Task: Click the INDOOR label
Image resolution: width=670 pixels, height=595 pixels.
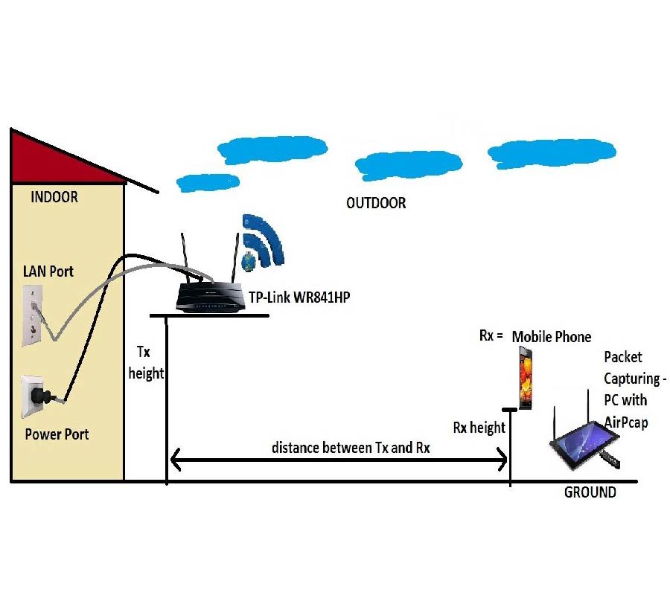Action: (x=54, y=198)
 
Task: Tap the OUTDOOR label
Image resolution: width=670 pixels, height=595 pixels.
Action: (x=376, y=203)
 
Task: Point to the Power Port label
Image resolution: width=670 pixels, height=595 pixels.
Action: (x=57, y=434)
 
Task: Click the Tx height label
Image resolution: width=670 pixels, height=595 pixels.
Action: (x=146, y=362)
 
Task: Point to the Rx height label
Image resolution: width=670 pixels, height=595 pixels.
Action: (x=479, y=428)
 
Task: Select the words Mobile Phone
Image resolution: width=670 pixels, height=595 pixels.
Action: (x=552, y=337)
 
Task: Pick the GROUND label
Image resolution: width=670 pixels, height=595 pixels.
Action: (x=590, y=492)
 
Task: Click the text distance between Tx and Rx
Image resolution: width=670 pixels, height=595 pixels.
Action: (x=351, y=448)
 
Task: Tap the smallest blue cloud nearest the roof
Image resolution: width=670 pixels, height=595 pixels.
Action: (x=208, y=181)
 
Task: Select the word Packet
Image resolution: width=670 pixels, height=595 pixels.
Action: (x=623, y=358)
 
